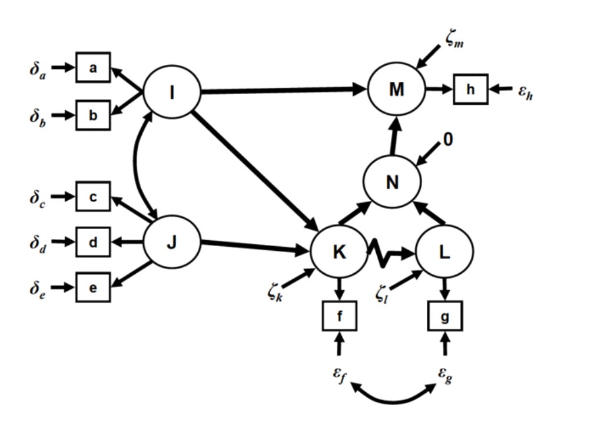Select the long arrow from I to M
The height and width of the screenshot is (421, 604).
point(284,91)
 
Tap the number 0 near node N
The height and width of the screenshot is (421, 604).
point(447,139)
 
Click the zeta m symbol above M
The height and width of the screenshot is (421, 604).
point(454,39)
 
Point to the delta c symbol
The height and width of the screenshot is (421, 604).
point(37,198)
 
